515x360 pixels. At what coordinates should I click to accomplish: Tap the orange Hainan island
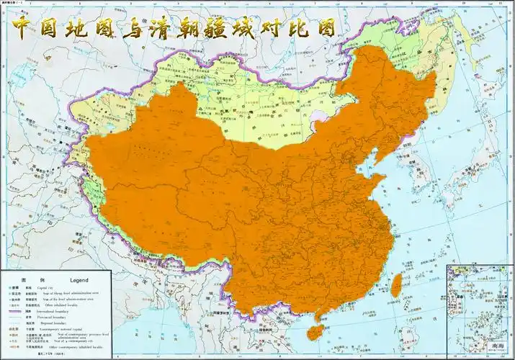point(315,330)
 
